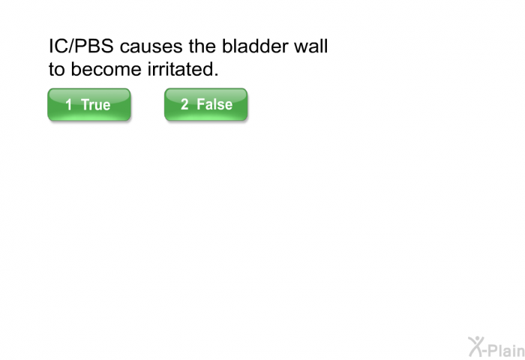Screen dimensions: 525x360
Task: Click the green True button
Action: point(89,104)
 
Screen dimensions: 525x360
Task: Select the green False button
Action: point(206,104)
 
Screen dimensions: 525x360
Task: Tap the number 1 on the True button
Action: point(69,104)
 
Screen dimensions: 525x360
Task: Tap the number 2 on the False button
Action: point(184,104)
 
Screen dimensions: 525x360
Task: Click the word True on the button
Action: point(95,104)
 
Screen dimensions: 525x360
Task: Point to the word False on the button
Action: point(214,104)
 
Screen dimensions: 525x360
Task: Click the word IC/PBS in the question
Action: point(81,46)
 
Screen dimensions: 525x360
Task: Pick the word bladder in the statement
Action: point(254,46)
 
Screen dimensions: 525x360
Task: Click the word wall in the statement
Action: point(310,46)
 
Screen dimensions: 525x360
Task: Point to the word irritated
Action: point(181,69)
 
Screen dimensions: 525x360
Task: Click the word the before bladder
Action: point(202,46)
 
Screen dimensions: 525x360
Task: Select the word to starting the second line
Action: point(56,69)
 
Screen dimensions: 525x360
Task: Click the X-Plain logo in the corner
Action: point(496,346)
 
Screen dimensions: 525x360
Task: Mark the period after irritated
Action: point(216,75)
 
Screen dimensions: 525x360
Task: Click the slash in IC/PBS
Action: point(70,46)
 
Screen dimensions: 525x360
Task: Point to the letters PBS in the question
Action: point(94,46)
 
